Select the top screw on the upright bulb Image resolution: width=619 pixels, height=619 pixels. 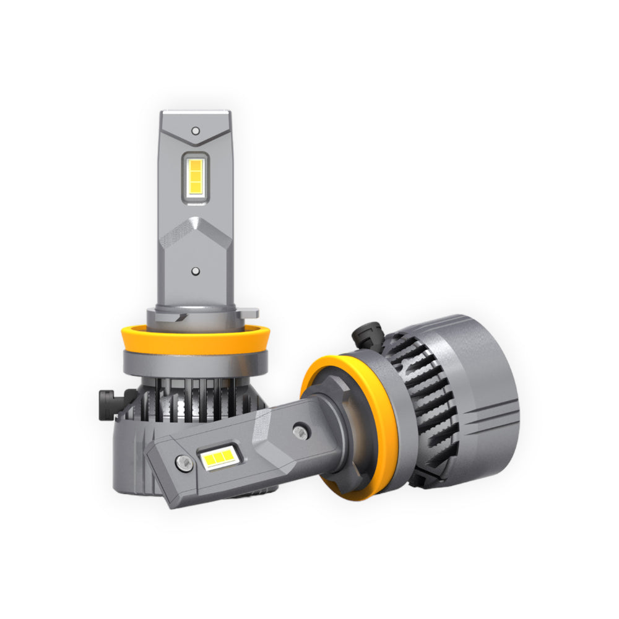(x=196, y=131)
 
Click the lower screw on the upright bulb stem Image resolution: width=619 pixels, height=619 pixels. (x=196, y=271)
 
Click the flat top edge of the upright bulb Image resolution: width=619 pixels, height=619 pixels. (x=196, y=114)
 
